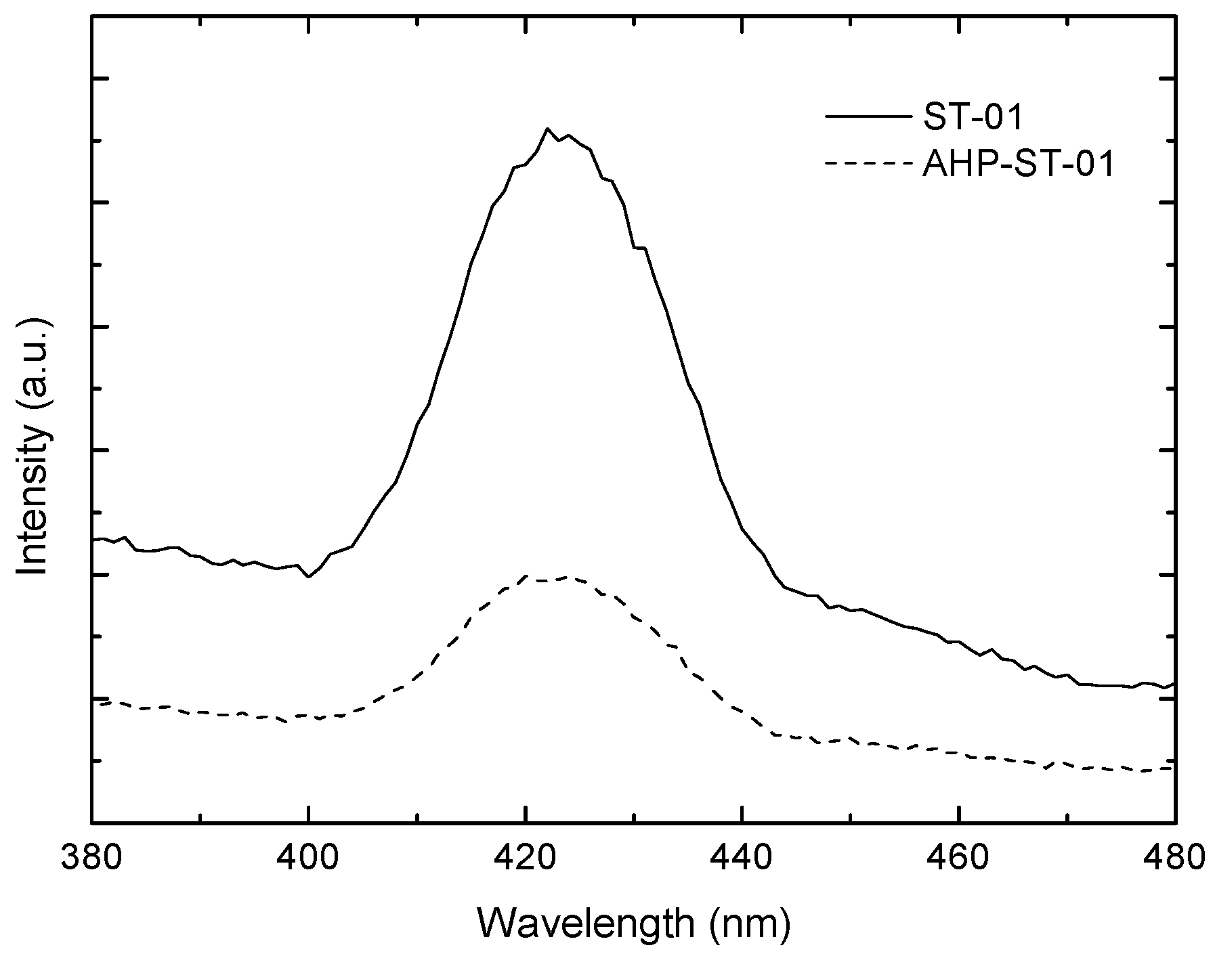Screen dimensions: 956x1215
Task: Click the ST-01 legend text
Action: [971, 118]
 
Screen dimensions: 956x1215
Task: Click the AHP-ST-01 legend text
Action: [1018, 165]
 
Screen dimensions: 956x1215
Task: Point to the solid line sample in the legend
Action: [868, 117]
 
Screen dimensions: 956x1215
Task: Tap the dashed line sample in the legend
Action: [868, 163]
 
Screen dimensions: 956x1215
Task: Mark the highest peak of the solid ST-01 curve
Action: [547, 129]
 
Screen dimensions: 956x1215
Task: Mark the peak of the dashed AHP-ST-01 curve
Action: [526, 575]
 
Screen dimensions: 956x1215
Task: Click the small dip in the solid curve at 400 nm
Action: [309, 577]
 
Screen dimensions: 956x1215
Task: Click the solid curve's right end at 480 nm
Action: [1173, 684]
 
